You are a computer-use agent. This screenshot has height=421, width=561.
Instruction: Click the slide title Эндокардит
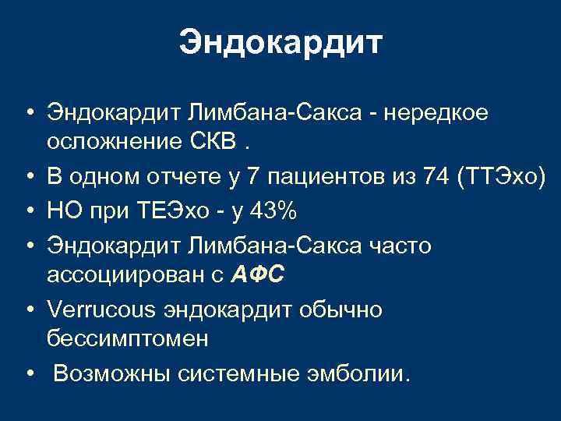[x=280, y=44]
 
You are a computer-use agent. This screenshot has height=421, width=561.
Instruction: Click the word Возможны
[x=114, y=375]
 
